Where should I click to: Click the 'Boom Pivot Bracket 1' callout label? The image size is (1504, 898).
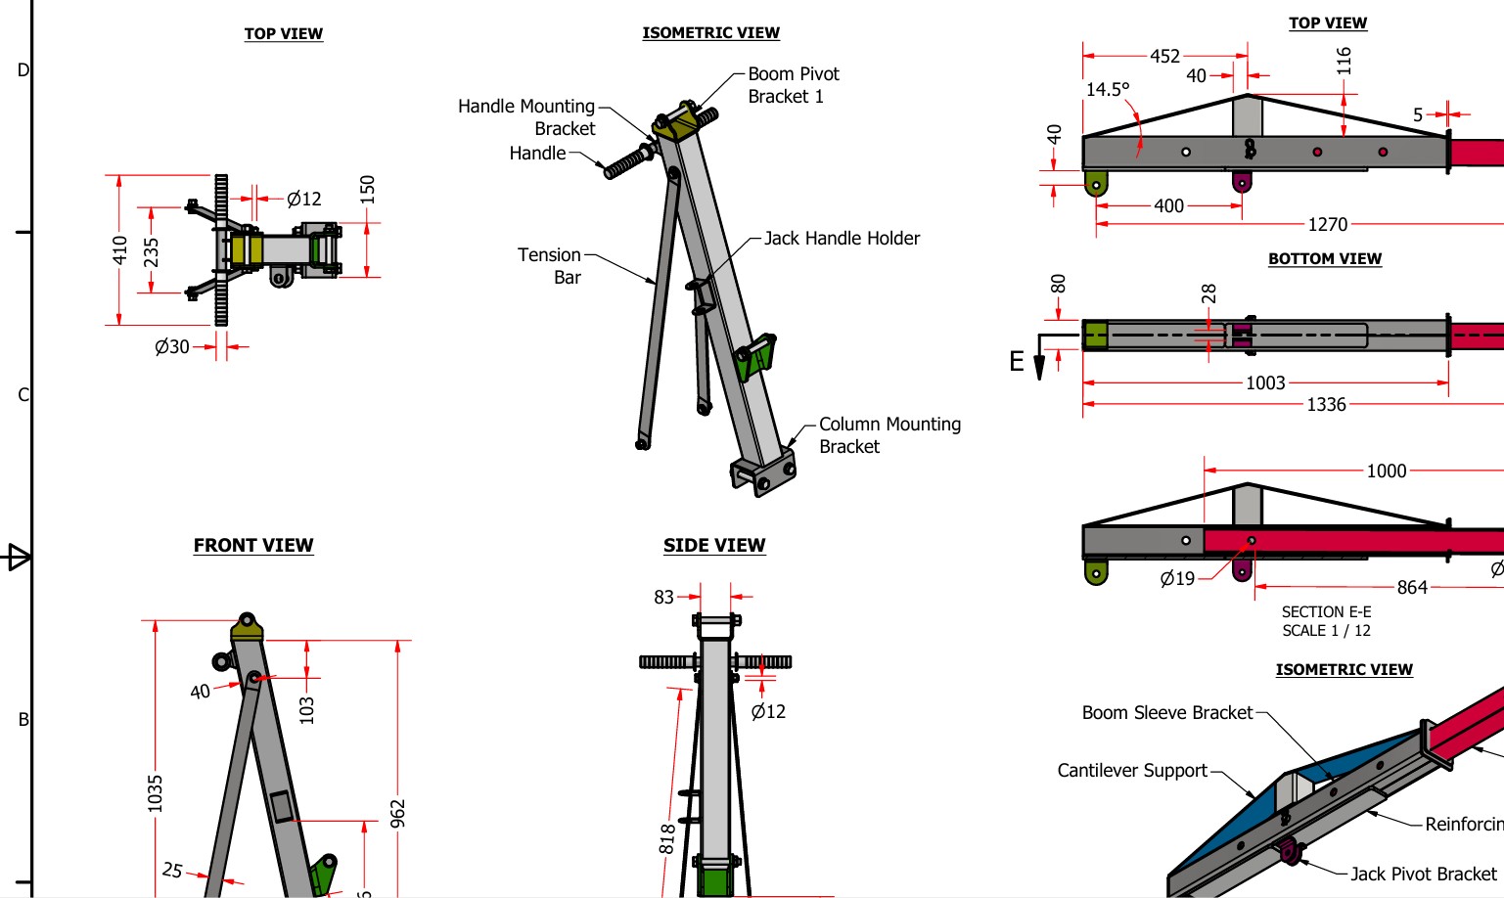click(x=793, y=85)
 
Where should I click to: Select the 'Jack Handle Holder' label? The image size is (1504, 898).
click(x=842, y=238)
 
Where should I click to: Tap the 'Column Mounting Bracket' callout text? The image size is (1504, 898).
click(x=889, y=435)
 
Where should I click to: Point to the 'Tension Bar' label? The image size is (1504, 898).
click(x=550, y=265)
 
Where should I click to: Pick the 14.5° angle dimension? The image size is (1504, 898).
click(x=1108, y=89)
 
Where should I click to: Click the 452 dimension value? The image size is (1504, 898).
click(x=1164, y=56)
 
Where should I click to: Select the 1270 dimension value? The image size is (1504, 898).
click(x=1327, y=224)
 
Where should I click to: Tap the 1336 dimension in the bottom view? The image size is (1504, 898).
click(x=1326, y=404)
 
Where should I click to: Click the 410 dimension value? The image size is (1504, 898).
click(x=120, y=250)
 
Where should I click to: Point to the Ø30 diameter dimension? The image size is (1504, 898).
click(x=172, y=346)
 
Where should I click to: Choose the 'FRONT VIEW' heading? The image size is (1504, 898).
click(x=253, y=545)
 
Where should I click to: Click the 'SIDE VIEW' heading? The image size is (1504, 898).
click(x=714, y=545)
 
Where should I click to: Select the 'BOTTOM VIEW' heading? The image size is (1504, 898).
click(x=1325, y=258)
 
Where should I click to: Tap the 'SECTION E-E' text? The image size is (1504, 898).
click(x=1326, y=611)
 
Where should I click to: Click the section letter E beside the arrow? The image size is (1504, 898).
click(x=1017, y=362)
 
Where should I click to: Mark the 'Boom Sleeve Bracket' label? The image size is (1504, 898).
click(x=1166, y=712)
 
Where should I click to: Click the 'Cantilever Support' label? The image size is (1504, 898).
click(x=1132, y=770)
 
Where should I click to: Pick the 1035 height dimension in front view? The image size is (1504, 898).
click(x=155, y=792)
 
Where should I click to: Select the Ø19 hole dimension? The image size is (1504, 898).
click(x=1177, y=578)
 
